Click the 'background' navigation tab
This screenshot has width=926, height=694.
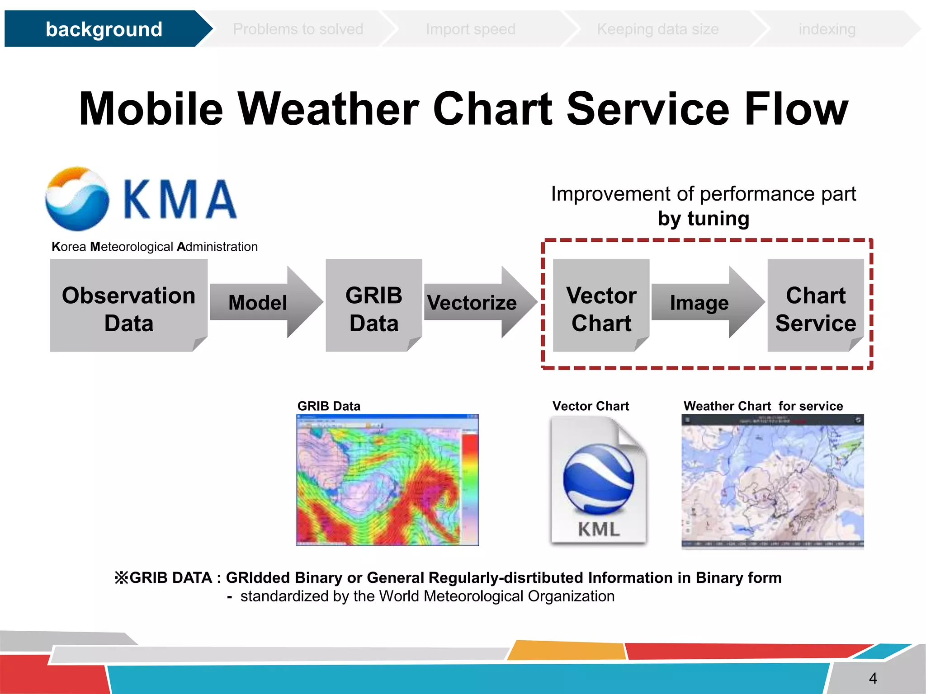point(104,29)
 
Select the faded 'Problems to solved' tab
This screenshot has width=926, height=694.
point(298,29)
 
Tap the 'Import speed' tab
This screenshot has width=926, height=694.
point(470,29)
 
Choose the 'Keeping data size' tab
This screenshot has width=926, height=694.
point(657,29)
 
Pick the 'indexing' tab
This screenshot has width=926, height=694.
point(827,29)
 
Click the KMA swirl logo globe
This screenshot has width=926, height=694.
point(77,198)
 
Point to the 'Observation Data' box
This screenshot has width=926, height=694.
point(128,305)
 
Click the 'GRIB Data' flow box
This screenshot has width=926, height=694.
point(373,305)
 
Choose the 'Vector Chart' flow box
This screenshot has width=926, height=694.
point(601,305)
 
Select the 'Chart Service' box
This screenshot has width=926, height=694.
point(815,305)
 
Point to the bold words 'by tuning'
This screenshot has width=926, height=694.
point(703,219)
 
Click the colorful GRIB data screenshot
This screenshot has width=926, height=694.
point(387,480)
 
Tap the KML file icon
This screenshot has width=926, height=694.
point(598,480)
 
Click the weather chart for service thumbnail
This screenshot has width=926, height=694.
point(772,481)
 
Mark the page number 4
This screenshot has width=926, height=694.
point(873,678)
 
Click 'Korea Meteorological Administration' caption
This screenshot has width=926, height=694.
point(155,247)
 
